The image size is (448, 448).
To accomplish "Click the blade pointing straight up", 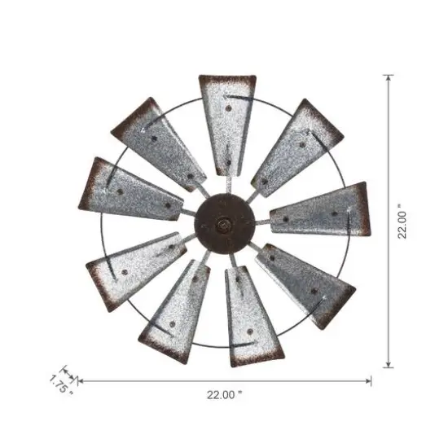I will pos(226,122).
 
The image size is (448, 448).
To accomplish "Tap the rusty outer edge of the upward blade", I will pos(227,80).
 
